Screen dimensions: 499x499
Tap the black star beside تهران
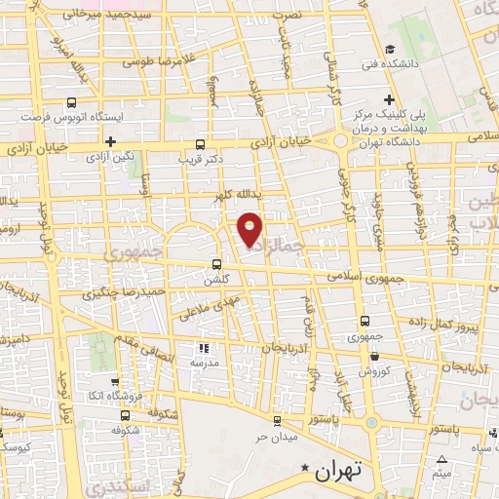[x=306, y=470]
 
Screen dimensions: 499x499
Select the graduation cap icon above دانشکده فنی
[x=390, y=49]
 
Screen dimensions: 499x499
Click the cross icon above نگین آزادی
[x=112, y=141]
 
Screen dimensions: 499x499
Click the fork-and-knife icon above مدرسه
[x=204, y=347]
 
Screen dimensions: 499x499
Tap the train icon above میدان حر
[x=279, y=420]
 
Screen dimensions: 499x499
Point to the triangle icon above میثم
[x=442, y=459]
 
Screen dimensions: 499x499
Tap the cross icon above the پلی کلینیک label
[x=390, y=100]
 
